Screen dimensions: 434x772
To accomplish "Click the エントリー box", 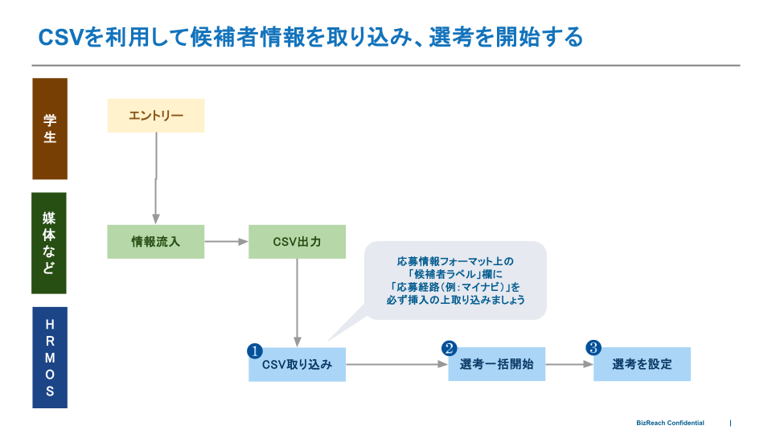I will (x=156, y=116).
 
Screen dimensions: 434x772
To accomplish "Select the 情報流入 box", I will (x=156, y=241).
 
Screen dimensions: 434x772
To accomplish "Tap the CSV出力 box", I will (x=297, y=241).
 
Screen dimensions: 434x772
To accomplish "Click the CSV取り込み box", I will (x=297, y=365).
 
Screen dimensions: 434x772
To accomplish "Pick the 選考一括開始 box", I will (x=496, y=364).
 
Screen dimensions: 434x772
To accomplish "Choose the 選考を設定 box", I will (x=642, y=364).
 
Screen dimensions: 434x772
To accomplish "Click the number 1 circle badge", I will (x=255, y=350).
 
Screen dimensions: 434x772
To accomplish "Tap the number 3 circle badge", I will (x=593, y=348).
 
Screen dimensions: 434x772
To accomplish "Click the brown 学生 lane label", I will (x=50, y=129).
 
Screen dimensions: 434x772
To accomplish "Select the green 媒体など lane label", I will (x=50, y=243).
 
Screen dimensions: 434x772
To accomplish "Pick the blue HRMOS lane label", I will (x=50, y=358).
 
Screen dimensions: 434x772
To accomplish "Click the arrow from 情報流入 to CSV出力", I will (x=226, y=241).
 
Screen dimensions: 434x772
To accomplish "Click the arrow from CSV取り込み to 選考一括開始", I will (x=396, y=365).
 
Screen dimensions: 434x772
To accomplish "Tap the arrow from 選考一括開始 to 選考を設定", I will (x=569, y=364).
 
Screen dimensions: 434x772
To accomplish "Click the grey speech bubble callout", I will (x=455, y=280).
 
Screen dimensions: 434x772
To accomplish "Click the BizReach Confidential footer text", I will (x=670, y=423).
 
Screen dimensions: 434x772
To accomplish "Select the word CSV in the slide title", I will (x=62, y=37).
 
